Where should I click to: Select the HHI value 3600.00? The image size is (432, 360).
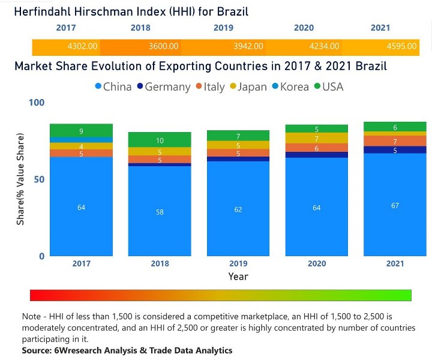pos(163,46)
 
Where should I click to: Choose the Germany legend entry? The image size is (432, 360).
pos(163,87)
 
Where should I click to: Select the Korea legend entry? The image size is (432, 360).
pos(289,87)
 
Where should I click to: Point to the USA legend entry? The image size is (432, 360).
pos(328,87)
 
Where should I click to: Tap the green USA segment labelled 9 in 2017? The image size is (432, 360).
pos(81,130)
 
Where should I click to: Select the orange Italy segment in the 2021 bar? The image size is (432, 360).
pos(395,141)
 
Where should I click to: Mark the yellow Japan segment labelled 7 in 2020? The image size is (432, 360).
pos(317,138)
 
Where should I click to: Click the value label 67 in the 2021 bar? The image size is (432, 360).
pos(395,205)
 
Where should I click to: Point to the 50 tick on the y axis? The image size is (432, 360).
pos(37,179)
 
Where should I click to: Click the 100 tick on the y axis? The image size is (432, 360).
pos(37,103)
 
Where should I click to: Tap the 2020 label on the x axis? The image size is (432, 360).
pos(316,264)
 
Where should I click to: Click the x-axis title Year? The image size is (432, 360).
pos(238,277)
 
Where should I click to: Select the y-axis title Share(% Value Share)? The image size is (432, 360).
pos(21,180)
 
